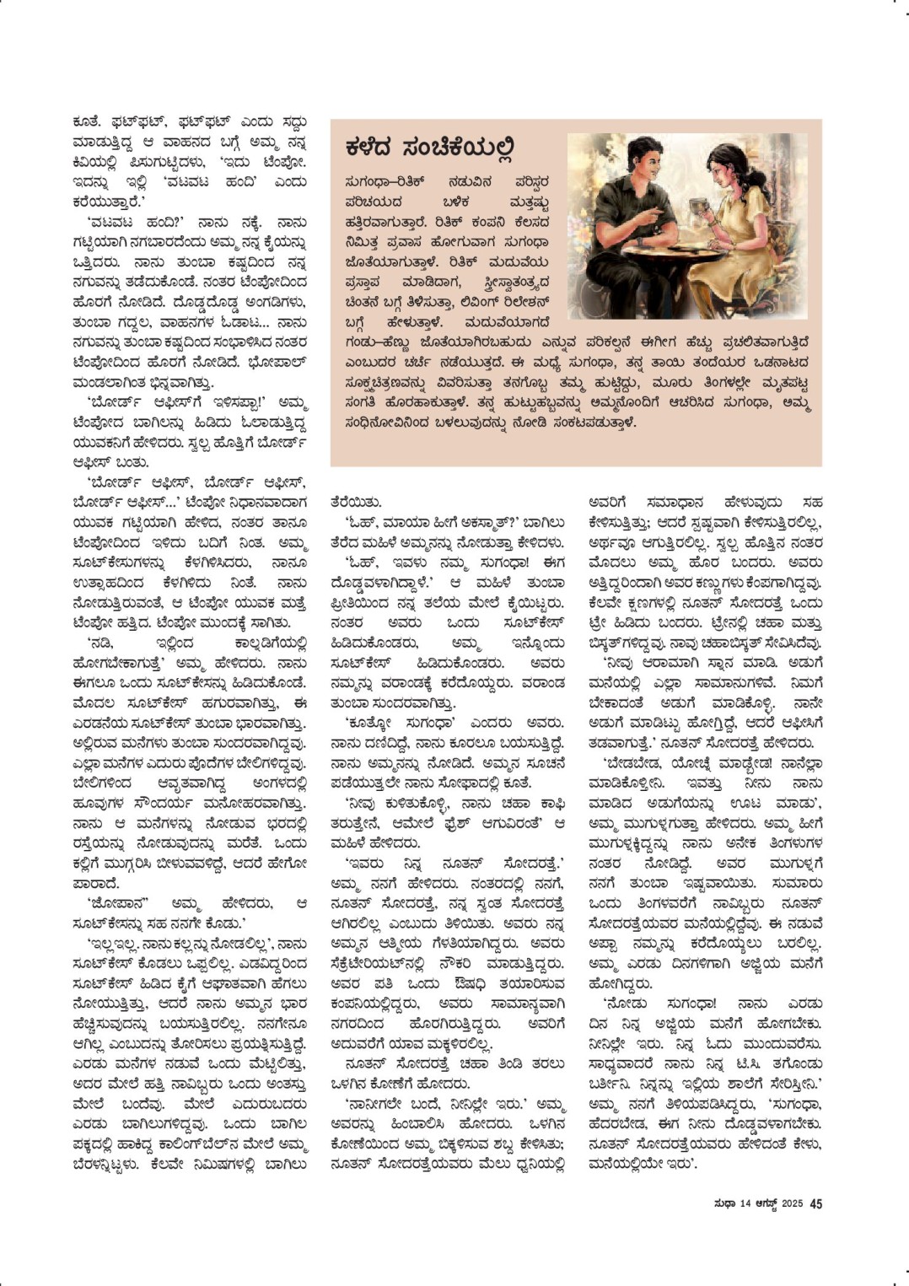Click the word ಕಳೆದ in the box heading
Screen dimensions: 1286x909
tap(376, 148)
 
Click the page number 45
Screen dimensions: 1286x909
tap(815, 1203)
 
